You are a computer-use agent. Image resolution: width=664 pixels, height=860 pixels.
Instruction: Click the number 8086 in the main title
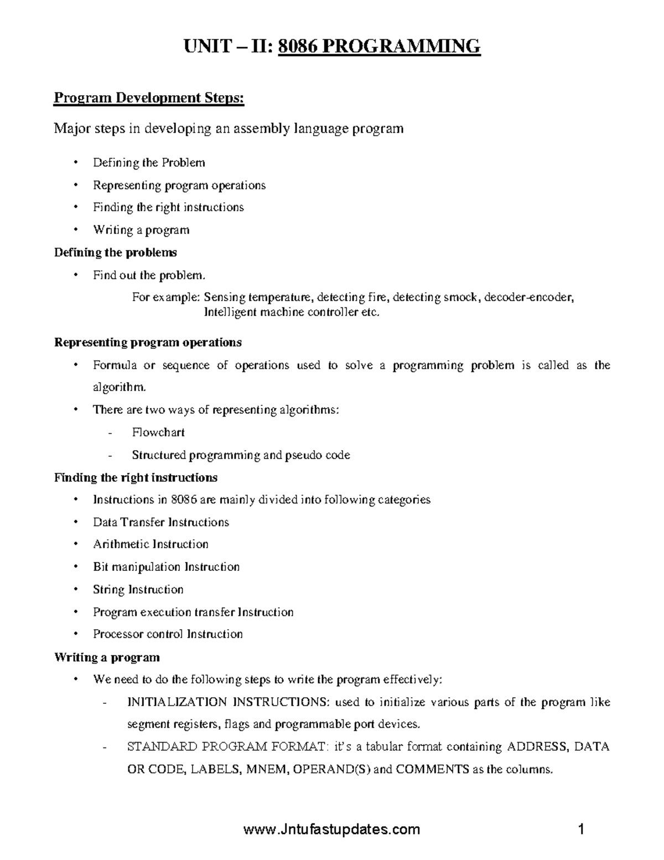[x=297, y=46]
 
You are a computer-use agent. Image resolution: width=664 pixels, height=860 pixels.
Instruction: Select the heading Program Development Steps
[x=148, y=98]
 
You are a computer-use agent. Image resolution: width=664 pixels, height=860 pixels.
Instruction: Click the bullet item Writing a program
[x=141, y=230]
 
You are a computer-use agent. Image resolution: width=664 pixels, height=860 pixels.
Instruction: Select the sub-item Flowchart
[x=158, y=432]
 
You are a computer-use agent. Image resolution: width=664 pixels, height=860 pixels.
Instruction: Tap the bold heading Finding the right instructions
[x=136, y=477]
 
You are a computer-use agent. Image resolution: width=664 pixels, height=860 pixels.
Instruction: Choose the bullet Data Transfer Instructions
[x=160, y=522]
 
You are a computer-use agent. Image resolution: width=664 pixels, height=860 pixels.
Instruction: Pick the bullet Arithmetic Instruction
[x=151, y=544]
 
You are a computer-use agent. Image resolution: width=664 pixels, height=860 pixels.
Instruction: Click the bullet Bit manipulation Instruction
[x=166, y=567]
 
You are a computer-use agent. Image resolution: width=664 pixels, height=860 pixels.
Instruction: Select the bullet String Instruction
[x=138, y=589]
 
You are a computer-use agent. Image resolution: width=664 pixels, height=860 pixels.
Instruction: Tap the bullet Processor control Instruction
[x=168, y=634]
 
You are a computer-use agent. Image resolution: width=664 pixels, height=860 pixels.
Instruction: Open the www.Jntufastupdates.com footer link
[x=331, y=829]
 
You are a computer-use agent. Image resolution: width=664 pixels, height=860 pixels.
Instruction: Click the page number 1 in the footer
[x=581, y=829]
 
